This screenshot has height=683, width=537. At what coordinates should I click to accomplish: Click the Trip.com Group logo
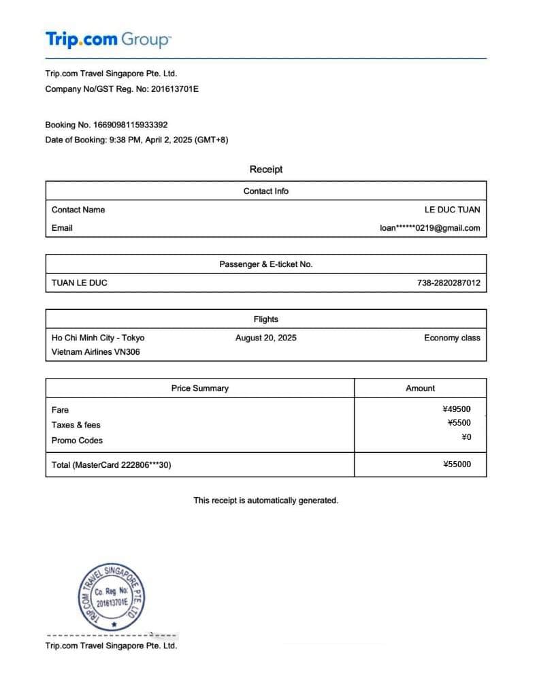point(108,39)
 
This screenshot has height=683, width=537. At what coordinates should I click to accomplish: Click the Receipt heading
point(265,170)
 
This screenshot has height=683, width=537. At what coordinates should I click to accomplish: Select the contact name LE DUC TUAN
point(452,210)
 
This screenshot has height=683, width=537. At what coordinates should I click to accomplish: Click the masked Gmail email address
point(429,228)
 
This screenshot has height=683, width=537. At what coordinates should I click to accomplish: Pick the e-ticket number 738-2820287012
point(449,283)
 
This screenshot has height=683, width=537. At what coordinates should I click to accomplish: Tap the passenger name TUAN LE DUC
point(80,283)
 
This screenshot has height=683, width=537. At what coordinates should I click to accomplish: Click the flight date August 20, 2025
point(265,338)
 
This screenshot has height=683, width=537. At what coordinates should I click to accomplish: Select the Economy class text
point(452,338)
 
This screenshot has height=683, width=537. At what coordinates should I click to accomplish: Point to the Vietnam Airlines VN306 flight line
point(96,352)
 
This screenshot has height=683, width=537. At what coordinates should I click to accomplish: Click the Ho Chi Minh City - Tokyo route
point(98,338)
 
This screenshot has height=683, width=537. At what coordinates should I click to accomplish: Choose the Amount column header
point(420,388)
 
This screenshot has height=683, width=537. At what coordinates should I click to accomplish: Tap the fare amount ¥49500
point(456,409)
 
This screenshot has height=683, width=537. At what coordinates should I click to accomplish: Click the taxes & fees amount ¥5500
point(459,423)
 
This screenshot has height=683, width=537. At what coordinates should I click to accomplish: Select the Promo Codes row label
point(77,441)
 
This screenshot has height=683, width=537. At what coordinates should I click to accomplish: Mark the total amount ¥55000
point(456,464)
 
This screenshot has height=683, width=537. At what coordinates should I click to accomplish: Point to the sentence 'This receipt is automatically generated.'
point(265,501)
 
